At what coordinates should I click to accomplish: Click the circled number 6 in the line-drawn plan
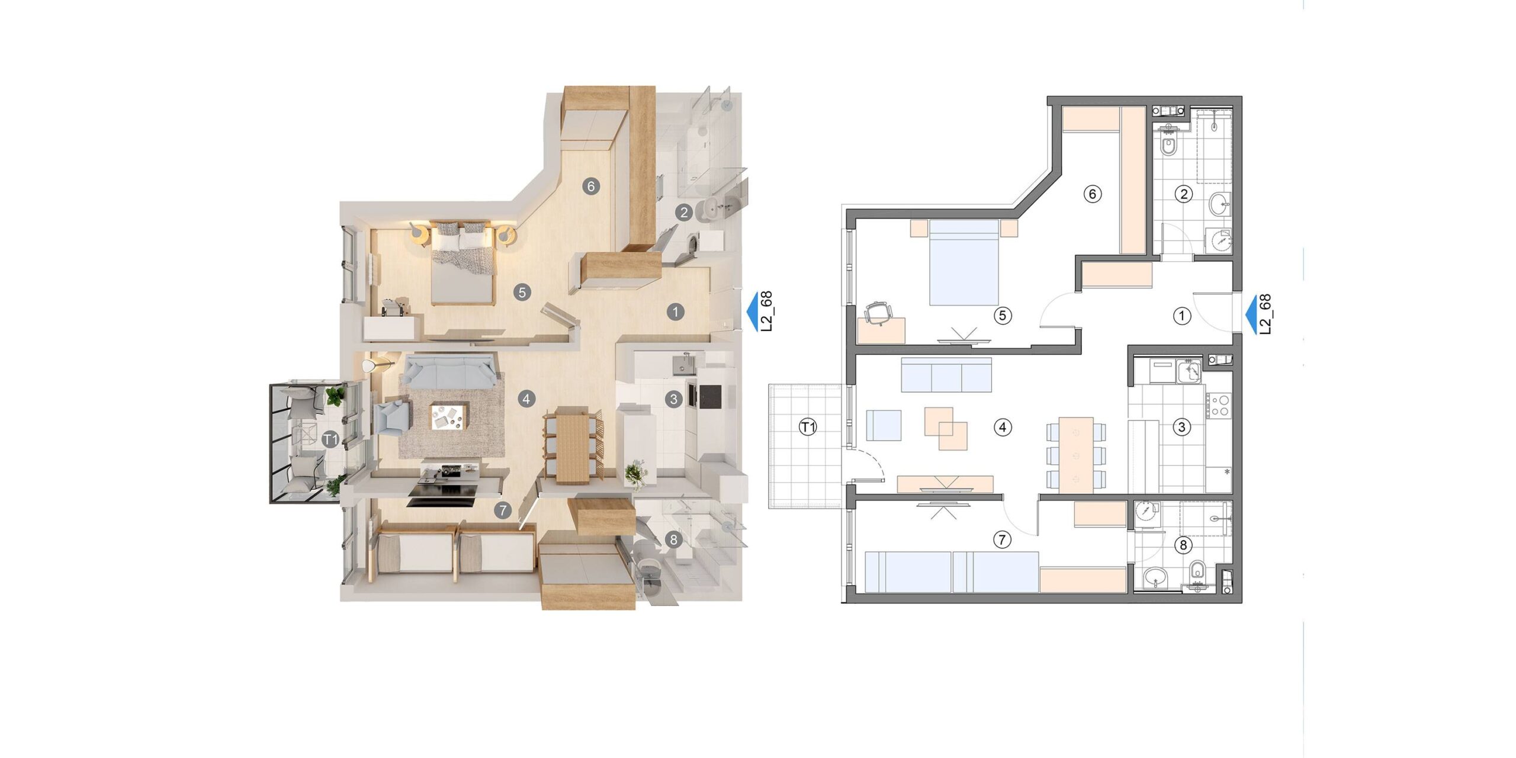[1092, 194]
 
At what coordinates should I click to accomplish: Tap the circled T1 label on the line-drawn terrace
[808, 427]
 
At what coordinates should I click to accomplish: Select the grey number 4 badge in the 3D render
[526, 399]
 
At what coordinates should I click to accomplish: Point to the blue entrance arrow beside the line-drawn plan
[1254, 315]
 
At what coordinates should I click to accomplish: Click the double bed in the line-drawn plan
[964, 262]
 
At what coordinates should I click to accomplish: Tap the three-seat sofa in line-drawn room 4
[946, 375]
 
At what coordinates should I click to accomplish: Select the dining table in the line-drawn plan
[1076, 455]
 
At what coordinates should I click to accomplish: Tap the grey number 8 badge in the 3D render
[672, 539]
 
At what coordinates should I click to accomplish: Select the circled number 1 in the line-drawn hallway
[1182, 316]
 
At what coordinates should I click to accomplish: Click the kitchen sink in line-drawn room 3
[1190, 372]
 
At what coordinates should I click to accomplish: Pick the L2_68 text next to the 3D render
[767, 311]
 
